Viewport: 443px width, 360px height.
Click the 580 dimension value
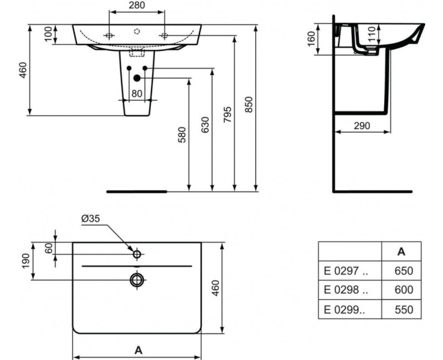(x=182, y=135)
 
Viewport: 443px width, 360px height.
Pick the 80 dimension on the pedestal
(x=137, y=94)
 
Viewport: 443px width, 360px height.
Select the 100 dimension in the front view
(x=48, y=34)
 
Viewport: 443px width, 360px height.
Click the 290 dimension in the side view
(x=362, y=126)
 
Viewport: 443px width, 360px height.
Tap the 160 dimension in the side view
(x=311, y=39)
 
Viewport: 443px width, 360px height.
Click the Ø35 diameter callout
(x=90, y=219)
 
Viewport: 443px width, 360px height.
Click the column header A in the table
(x=401, y=251)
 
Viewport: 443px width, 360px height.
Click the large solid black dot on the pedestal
(x=137, y=79)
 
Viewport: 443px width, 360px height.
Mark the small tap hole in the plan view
(x=137, y=254)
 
